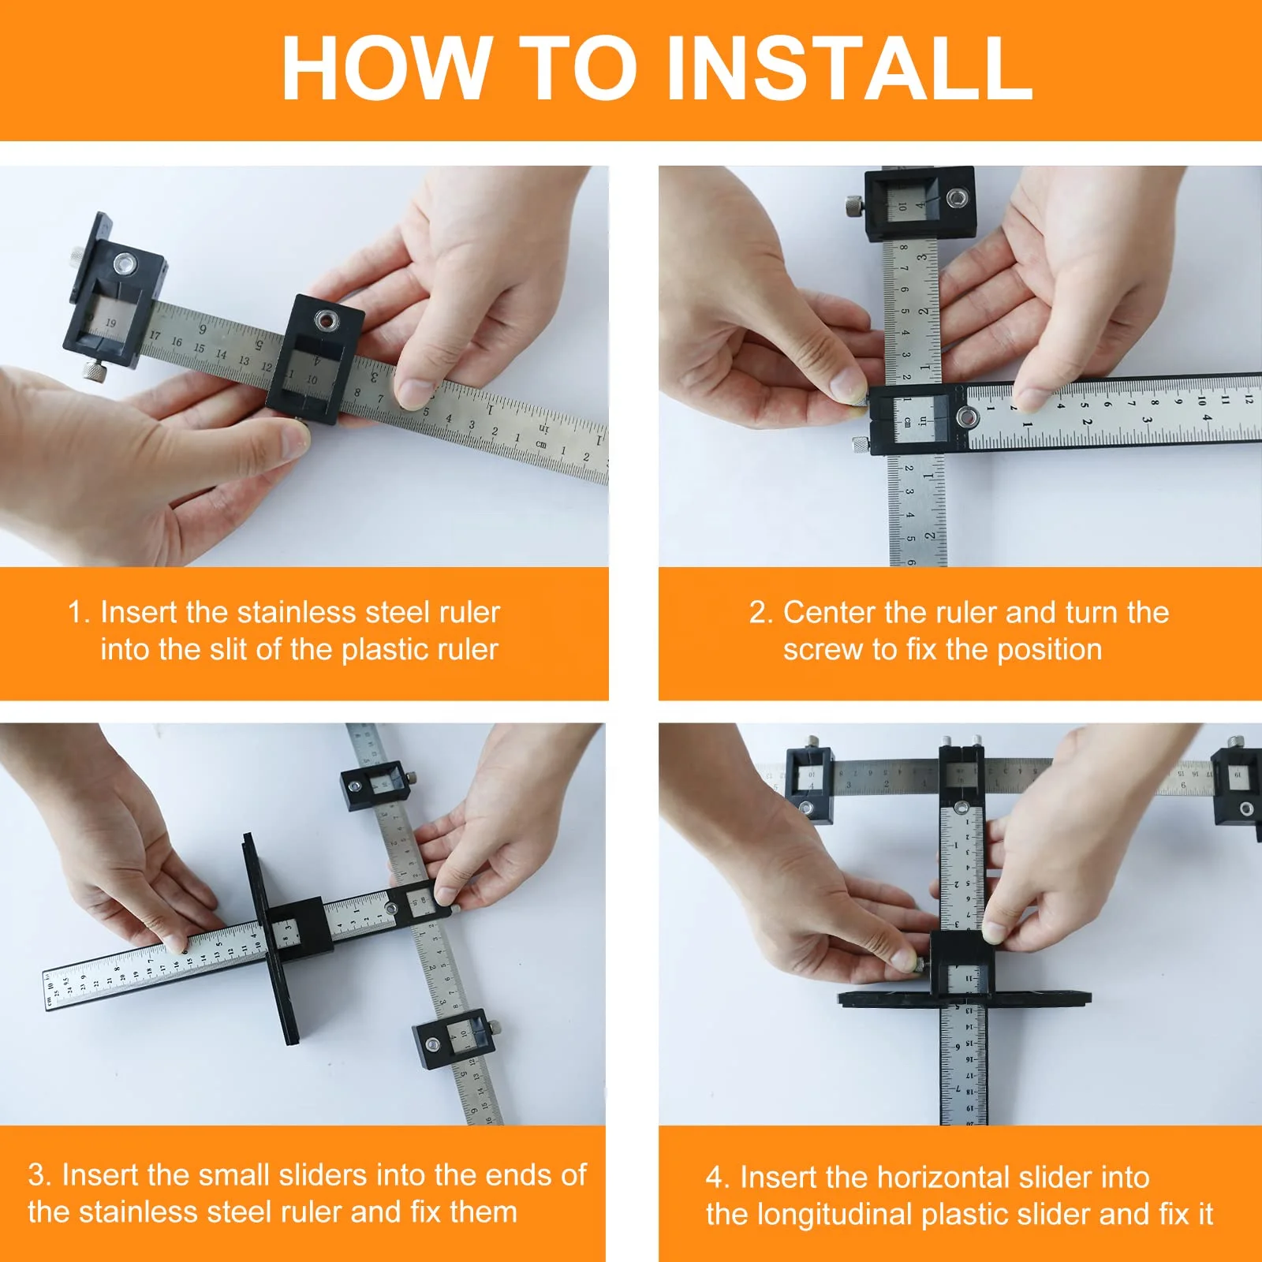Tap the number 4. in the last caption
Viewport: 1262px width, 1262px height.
coord(717,1178)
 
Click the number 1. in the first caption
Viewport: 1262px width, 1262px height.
coord(78,613)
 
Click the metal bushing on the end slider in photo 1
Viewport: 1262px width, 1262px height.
coord(124,263)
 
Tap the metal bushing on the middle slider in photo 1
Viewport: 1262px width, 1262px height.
coord(325,319)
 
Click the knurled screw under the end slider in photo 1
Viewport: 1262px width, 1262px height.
coord(95,371)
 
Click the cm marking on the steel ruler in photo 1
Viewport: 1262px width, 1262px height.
coord(541,444)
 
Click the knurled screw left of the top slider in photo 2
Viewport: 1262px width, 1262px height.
coord(853,207)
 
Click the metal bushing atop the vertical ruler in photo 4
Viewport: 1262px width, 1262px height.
coord(961,808)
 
